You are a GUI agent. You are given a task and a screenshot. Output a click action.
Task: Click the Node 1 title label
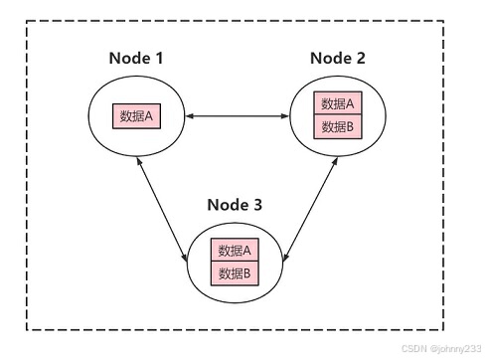coord(135,58)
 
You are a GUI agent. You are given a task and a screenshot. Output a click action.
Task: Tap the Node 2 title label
coord(337,58)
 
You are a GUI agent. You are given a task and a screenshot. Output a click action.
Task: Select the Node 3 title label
coord(235,206)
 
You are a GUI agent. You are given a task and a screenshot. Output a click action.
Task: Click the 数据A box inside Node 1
coord(136,116)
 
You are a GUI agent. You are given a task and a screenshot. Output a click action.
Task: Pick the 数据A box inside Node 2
coord(338,104)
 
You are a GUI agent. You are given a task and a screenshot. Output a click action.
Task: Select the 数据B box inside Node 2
coord(338,126)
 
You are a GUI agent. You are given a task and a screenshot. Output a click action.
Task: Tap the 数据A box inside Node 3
coord(235,251)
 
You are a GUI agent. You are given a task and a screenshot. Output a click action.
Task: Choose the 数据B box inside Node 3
coord(235,272)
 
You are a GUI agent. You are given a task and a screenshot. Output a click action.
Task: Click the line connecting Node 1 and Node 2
coord(238,117)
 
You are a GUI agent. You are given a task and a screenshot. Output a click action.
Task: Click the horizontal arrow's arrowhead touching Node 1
coord(191,117)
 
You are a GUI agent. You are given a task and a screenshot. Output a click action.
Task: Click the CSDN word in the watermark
coord(413,349)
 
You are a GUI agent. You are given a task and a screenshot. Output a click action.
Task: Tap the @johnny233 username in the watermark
coord(454,349)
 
